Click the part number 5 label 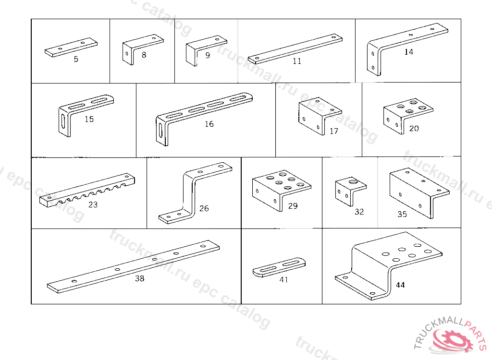click(76, 59)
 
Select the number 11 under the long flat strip click(297, 61)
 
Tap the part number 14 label click(408, 52)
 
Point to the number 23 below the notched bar click(93, 204)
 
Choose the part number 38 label click(140, 278)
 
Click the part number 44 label click(400, 285)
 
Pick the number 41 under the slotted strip click(283, 279)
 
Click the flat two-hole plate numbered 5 click(71, 48)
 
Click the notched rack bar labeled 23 click(87, 191)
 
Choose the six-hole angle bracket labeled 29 click(282, 190)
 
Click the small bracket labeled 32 click(350, 192)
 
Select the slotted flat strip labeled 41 click(279, 267)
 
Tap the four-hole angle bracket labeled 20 click(408, 115)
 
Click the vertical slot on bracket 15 click(63, 121)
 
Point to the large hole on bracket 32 click(353, 181)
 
